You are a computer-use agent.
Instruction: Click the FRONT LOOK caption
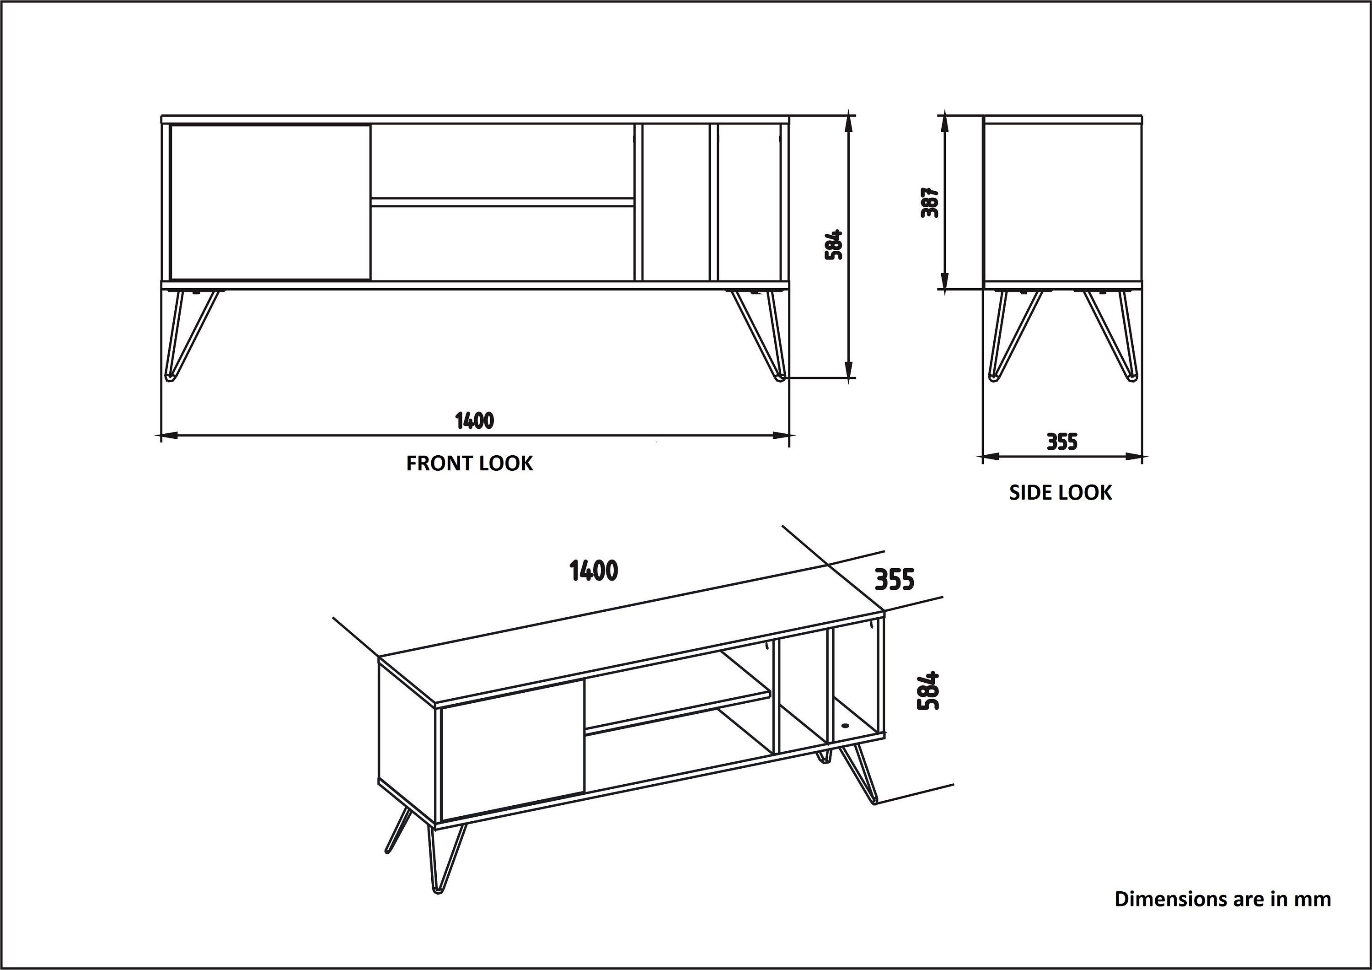pos(469,463)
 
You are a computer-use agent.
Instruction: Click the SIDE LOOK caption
pos(1060,492)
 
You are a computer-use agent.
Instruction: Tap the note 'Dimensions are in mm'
pos(1222,916)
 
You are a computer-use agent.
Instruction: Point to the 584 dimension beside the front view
pos(834,244)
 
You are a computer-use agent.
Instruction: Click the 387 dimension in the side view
pos(930,203)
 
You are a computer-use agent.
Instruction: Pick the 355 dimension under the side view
pos(1062,442)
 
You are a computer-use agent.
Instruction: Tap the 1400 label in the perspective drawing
pos(594,571)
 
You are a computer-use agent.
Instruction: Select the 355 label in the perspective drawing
pos(895,580)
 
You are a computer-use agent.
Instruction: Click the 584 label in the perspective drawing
pos(928,691)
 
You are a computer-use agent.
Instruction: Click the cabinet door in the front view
pos(270,202)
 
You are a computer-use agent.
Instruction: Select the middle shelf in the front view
pos(503,202)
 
